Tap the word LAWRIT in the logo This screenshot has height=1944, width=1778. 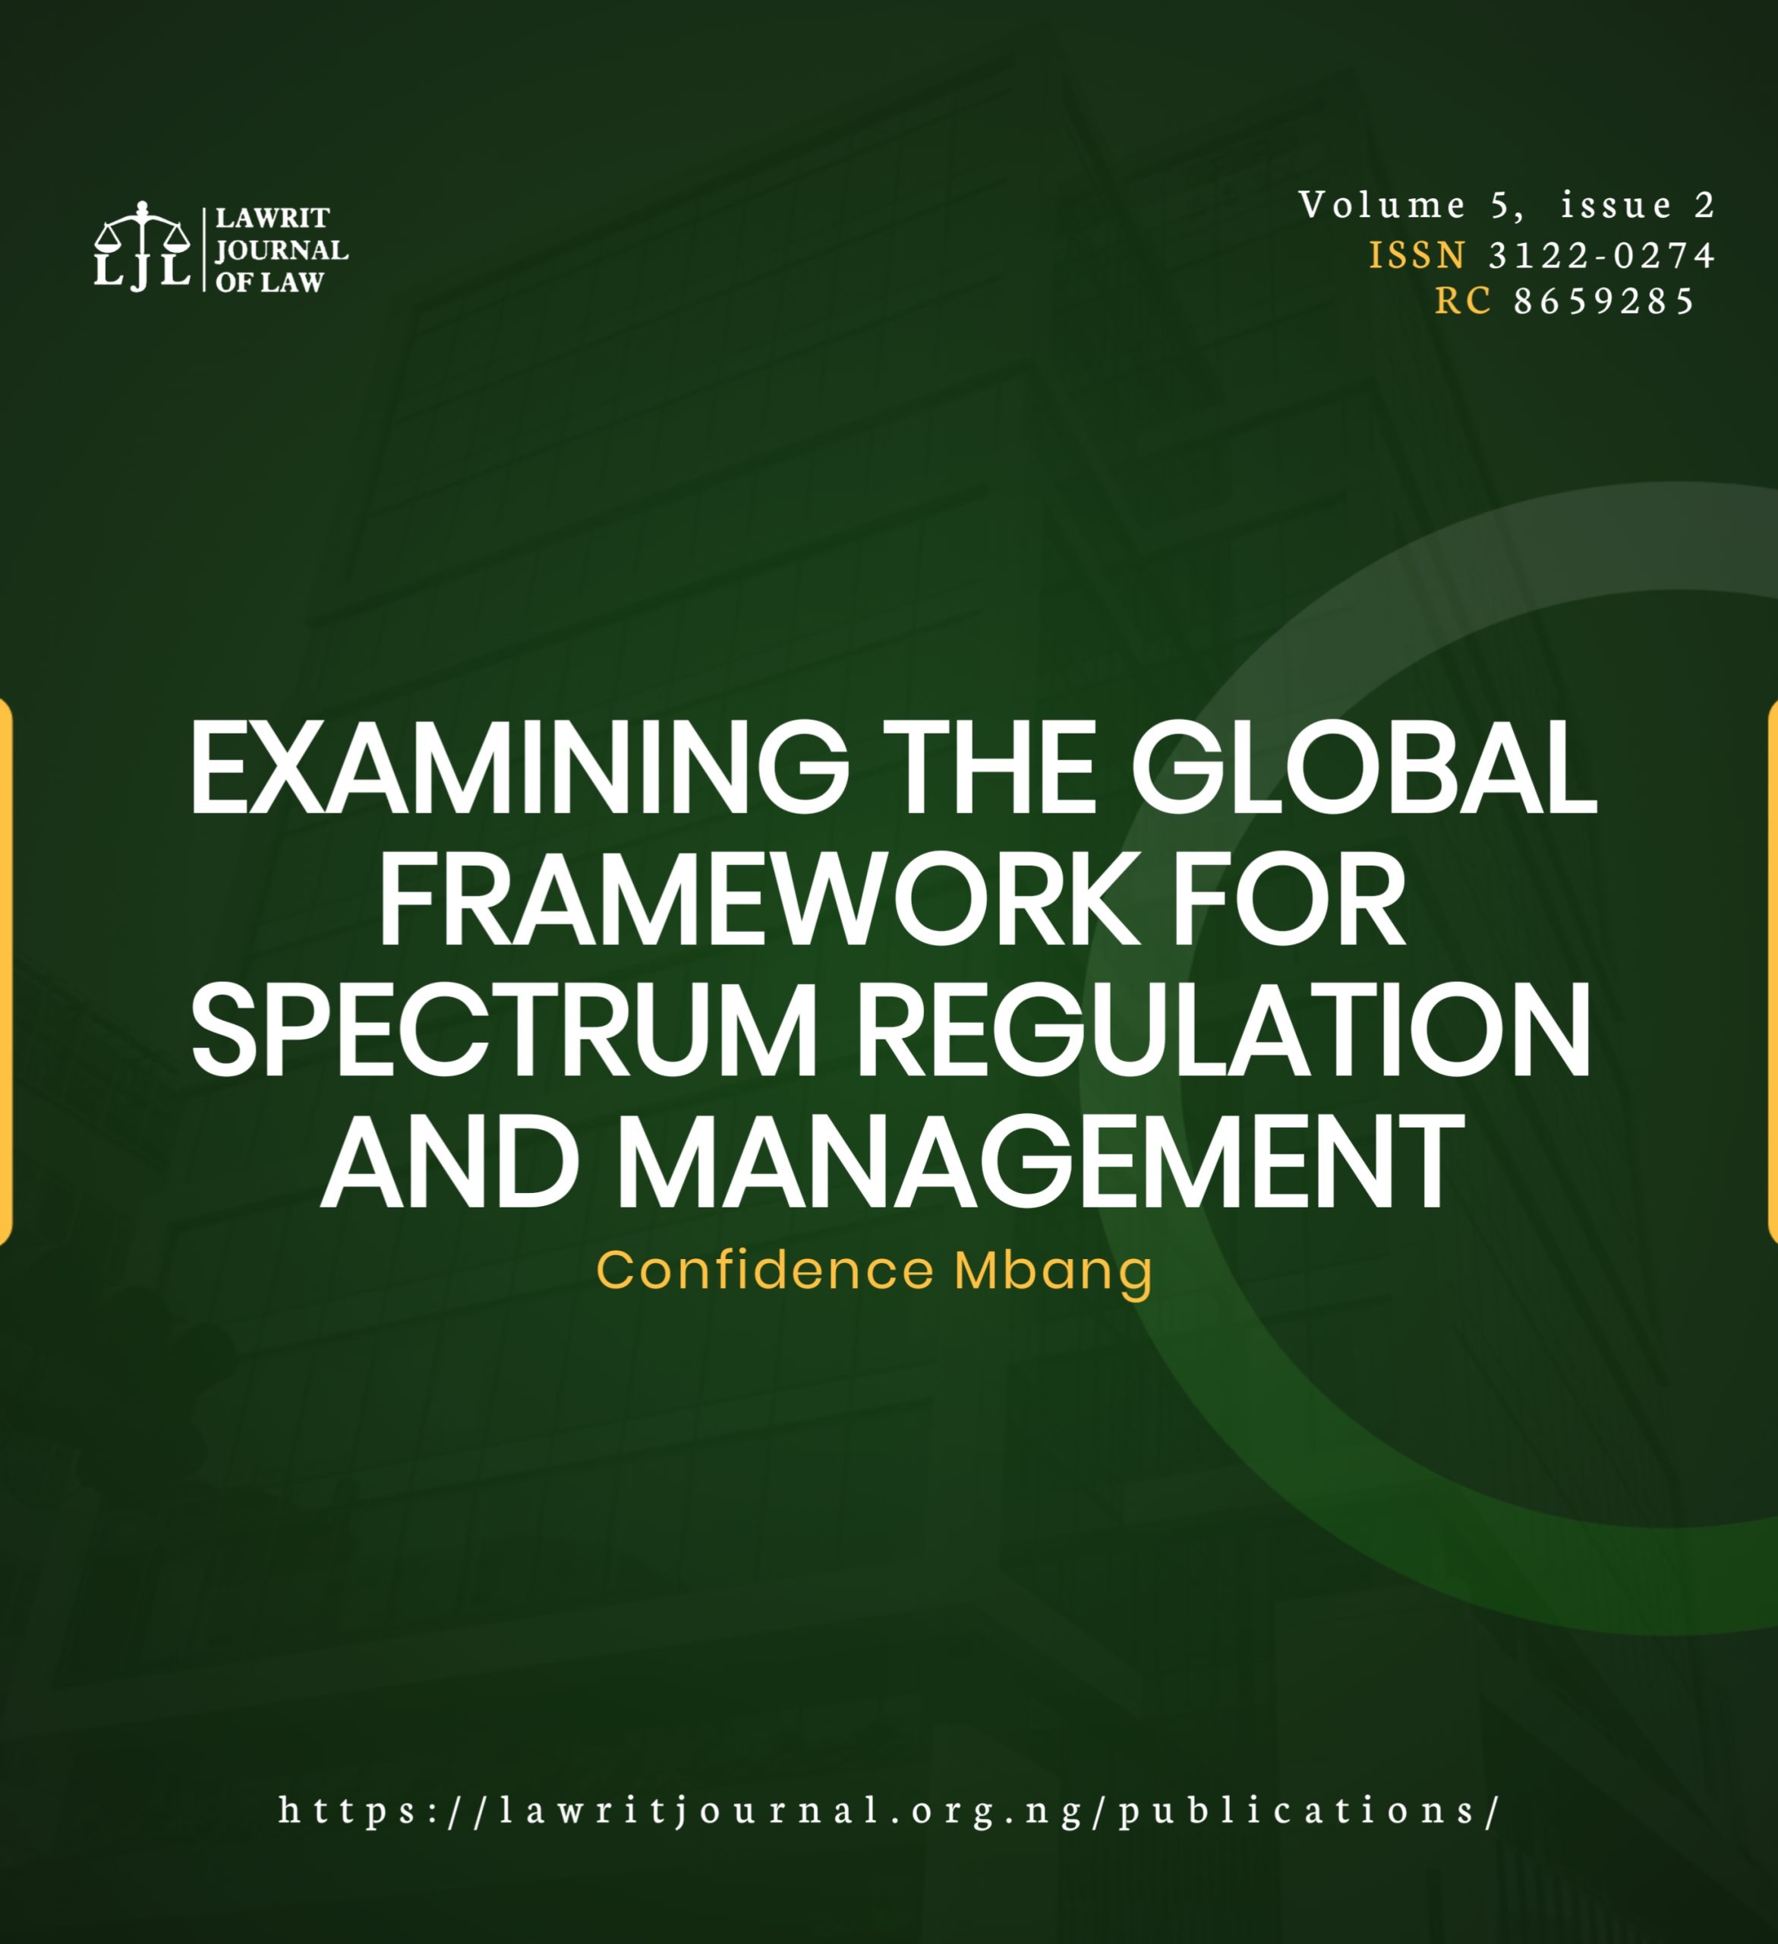point(272,218)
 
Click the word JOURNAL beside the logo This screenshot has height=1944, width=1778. point(282,251)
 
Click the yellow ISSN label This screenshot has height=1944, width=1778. point(1417,256)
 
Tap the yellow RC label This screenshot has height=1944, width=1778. point(1463,301)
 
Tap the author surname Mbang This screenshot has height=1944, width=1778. point(1053,1272)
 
